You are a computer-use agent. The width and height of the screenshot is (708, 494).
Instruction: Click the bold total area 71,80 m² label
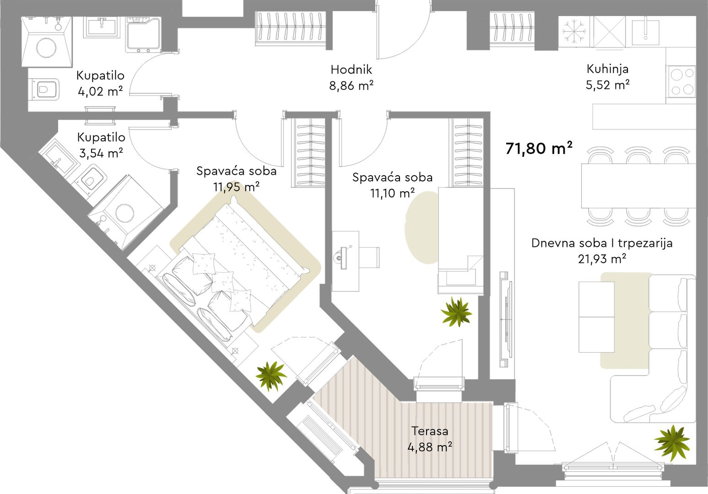(539, 148)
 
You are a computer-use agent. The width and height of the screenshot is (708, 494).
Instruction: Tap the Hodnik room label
(351, 70)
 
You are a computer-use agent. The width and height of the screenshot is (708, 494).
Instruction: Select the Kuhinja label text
(607, 69)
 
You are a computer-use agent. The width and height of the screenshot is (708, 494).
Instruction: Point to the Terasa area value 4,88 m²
(430, 447)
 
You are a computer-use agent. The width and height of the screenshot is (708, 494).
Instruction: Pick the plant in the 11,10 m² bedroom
(456, 311)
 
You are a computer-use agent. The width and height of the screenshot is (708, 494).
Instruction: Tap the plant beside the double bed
(271, 376)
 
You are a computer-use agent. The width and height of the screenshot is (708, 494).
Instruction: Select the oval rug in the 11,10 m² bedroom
(422, 227)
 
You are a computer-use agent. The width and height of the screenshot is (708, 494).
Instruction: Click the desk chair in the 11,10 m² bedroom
(369, 257)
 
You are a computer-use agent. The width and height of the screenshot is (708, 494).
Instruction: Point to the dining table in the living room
(638, 186)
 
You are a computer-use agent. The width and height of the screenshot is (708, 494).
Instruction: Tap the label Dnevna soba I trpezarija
(602, 243)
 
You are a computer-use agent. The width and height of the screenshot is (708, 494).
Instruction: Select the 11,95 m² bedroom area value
(237, 187)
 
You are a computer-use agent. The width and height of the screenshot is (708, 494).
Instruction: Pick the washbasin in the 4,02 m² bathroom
(102, 27)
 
